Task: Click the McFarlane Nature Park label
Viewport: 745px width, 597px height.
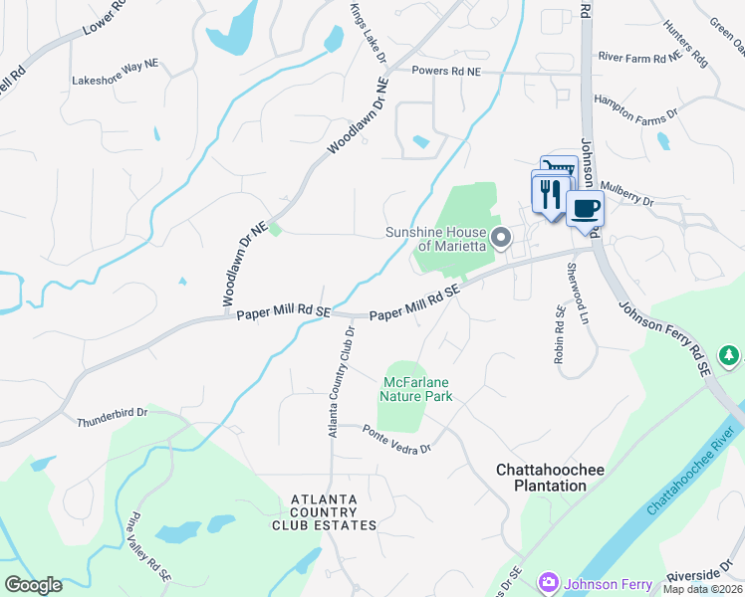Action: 418,389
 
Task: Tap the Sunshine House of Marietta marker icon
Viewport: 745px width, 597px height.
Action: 502,238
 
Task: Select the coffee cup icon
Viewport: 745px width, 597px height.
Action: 585,208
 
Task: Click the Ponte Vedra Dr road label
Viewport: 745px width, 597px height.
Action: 396,440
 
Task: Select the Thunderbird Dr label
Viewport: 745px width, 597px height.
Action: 113,418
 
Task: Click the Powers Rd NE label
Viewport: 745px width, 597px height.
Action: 447,72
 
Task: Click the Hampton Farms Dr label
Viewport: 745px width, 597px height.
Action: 636,106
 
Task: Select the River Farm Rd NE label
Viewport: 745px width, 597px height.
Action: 638,58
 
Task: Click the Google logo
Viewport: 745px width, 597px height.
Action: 33,584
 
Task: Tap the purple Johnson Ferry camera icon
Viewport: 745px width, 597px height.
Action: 547,583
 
